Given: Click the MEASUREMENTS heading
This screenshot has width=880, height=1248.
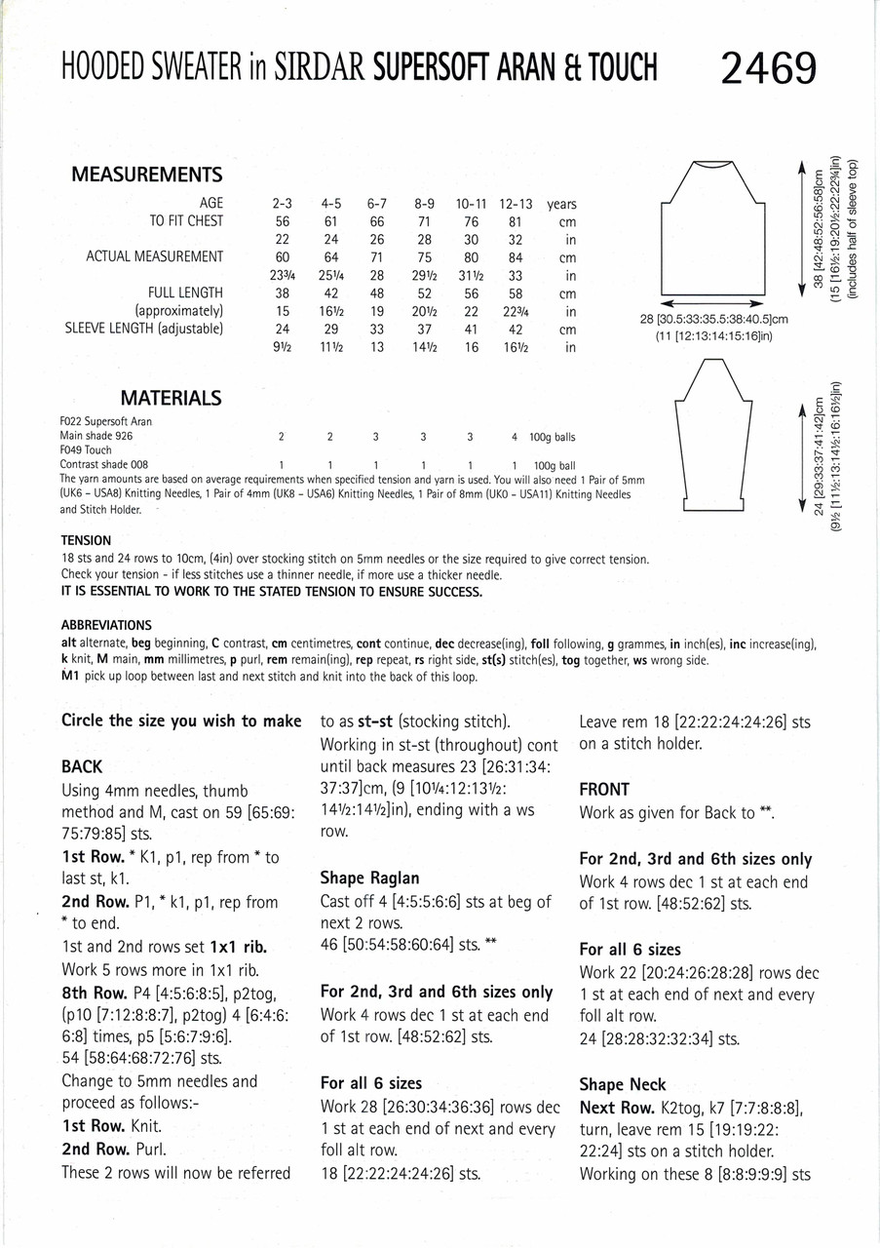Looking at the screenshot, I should [x=147, y=175].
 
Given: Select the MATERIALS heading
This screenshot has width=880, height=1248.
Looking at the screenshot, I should [x=171, y=398].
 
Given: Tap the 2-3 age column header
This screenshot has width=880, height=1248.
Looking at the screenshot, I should [x=283, y=205].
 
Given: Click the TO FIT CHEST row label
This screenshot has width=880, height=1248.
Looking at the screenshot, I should [x=185, y=221].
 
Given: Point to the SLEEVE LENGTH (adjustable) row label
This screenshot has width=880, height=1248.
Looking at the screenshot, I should [x=144, y=329].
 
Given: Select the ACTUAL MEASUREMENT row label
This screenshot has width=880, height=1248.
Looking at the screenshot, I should [x=155, y=257].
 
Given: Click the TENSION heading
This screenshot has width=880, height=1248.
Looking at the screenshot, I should [x=86, y=540].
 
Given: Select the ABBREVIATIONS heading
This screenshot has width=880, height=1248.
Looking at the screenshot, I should [x=105, y=625].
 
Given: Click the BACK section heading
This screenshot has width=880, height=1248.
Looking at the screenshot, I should [x=82, y=767].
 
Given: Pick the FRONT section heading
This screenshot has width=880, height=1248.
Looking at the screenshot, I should [x=604, y=789].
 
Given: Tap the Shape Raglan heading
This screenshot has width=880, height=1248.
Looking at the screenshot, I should [x=369, y=877].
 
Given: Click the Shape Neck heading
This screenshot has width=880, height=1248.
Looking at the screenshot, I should [x=623, y=1084].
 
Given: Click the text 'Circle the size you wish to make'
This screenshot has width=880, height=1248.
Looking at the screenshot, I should [x=181, y=721].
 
